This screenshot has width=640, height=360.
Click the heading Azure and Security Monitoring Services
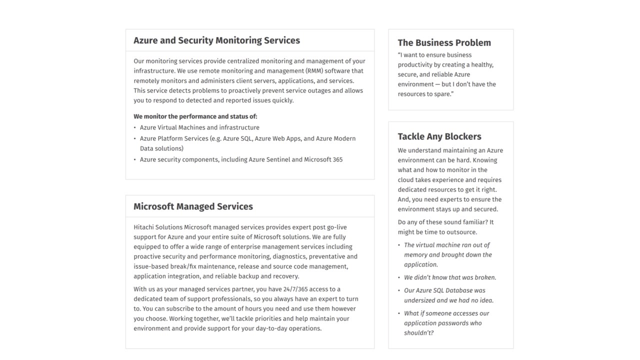pyautogui.click(x=216, y=40)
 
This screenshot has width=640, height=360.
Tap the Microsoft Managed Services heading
pyautogui.click(x=193, y=206)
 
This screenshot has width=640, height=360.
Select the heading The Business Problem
pyautogui.click(x=444, y=43)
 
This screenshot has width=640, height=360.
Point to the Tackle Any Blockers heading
pyautogui.click(x=439, y=136)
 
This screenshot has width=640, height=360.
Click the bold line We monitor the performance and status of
pyautogui.click(x=195, y=116)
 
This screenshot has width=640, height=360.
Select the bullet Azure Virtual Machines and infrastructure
pyautogui.click(x=199, y=127)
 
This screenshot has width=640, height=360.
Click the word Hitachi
pyautogui.click(x=144, y=227)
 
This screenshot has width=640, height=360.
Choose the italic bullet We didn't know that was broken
pyautogui.click(x=450, y=277)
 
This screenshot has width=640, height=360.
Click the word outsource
pyautogui.click(x=463, y=232)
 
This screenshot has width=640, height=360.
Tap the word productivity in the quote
pyautogui.click(x=416, y=65)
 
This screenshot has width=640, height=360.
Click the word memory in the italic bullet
pyautogui.click(x=415, y=255)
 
